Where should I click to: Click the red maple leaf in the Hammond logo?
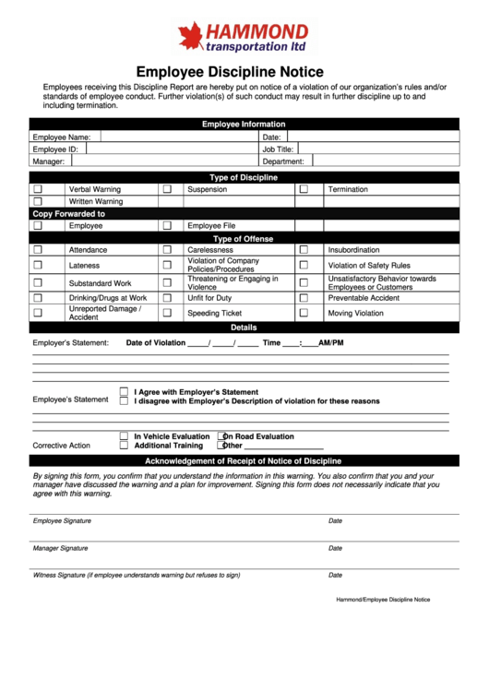point(191,37)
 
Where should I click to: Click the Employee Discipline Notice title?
point(230,72)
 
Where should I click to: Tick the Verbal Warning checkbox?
point(38,189)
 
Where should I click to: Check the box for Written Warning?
point(38,201)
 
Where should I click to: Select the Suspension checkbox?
point(167,189)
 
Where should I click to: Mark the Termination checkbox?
point(303,189)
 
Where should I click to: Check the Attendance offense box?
point(38,249)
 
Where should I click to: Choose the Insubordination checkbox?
point(303,249)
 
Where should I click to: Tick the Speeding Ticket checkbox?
point(167,313)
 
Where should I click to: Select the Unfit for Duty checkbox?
point(167,298)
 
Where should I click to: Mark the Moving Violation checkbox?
point(303,313)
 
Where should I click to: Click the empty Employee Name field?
point(175,137)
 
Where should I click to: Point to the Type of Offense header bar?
point(244,238)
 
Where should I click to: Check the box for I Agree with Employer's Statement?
point(124,392)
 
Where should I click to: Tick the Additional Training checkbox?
point(124,445)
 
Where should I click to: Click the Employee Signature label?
point(62,521)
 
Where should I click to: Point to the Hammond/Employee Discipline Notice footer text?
point(383,600)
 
